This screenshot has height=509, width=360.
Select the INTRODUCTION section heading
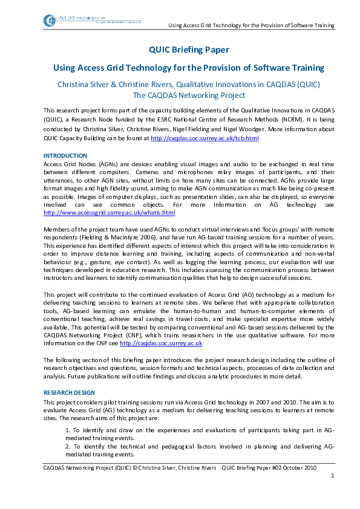pos(65,156)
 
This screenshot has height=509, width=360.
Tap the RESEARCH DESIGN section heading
pos(69,392)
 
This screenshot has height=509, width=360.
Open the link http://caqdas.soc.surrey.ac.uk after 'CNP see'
pos(161,343)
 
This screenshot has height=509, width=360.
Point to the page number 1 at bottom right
pos(332,476)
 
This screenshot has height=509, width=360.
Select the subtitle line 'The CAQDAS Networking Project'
pos(189,95)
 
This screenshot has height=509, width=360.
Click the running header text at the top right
pos(250,26)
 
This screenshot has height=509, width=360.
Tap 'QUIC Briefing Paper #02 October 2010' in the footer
pos(278,467)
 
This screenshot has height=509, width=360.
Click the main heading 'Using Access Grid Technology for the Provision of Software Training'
pos(189,68)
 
